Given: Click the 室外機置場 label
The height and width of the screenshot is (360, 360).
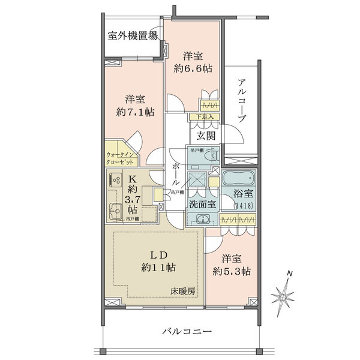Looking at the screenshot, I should click(x=133, y=35).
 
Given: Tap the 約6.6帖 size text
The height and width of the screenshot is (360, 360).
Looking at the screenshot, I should click(x=193, y=69).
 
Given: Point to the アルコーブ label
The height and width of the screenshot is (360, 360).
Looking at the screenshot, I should click(x=241, y=101).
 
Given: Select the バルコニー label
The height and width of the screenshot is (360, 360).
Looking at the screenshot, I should click(x=187, y=331).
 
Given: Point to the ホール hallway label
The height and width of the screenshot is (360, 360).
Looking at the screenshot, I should click(x=175, y=174).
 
